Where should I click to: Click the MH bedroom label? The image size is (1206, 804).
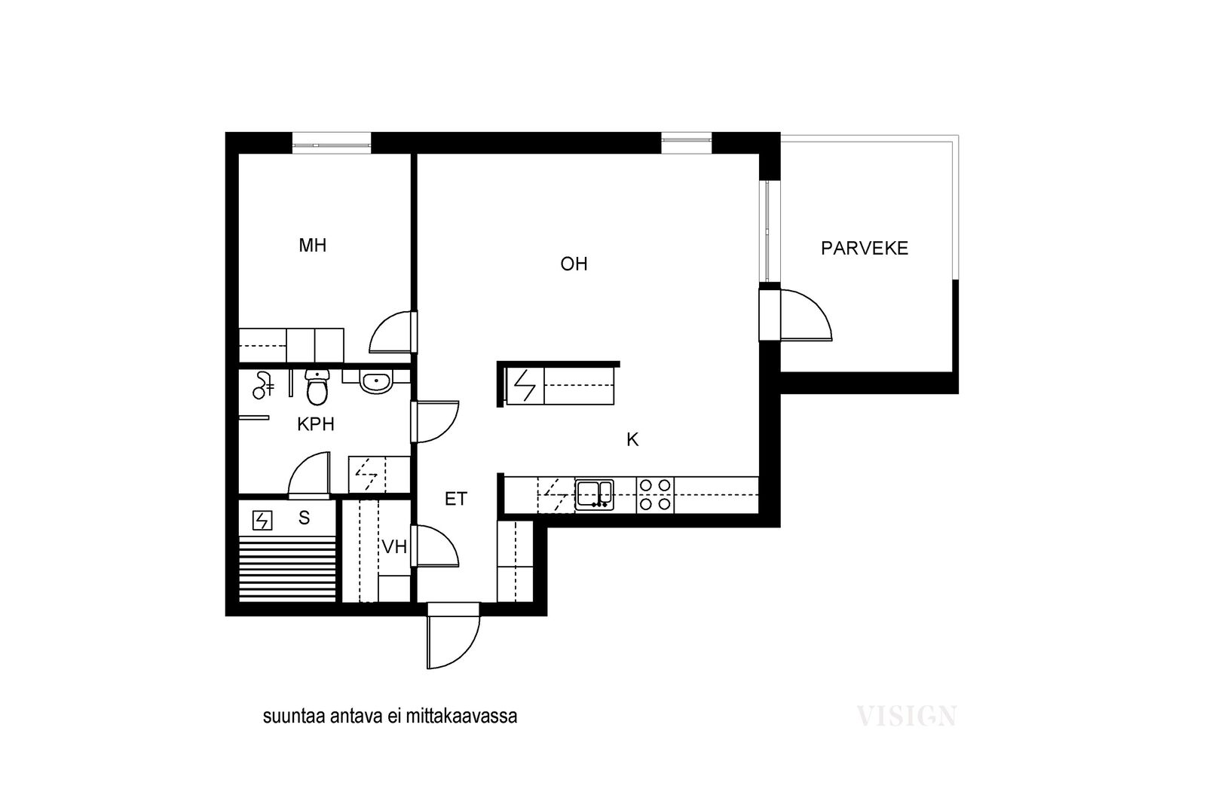click(x=312, y=246)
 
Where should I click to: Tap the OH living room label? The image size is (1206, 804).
click(x=574, y=264)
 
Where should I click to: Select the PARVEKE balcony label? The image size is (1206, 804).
click(x=864, y=248)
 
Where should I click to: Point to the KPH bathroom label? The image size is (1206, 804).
click(x=316, y=424)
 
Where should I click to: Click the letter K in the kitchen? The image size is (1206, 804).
click(x=632, y=439)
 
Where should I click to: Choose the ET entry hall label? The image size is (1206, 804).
click(x=455, y=500)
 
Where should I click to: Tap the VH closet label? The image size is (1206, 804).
click(x=394, y=547)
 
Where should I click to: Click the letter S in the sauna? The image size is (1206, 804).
click(x=305, y=518)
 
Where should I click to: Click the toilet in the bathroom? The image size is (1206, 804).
click(x=317, y=387)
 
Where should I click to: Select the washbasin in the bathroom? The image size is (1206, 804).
click(x=376, y=382)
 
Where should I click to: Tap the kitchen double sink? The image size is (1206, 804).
click(x=595, y=495)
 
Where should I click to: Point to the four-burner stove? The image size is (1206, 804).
click(x=655, y=494)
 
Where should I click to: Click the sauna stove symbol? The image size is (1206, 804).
click(x=262, y=521)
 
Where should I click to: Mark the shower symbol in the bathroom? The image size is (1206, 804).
click(x=263, y=385)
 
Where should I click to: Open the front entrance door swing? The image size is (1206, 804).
click(x=453, y=641)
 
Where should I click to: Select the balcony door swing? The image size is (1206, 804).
click(x=806, y=316)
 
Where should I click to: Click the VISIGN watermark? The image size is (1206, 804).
click(x=906, y=716)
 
